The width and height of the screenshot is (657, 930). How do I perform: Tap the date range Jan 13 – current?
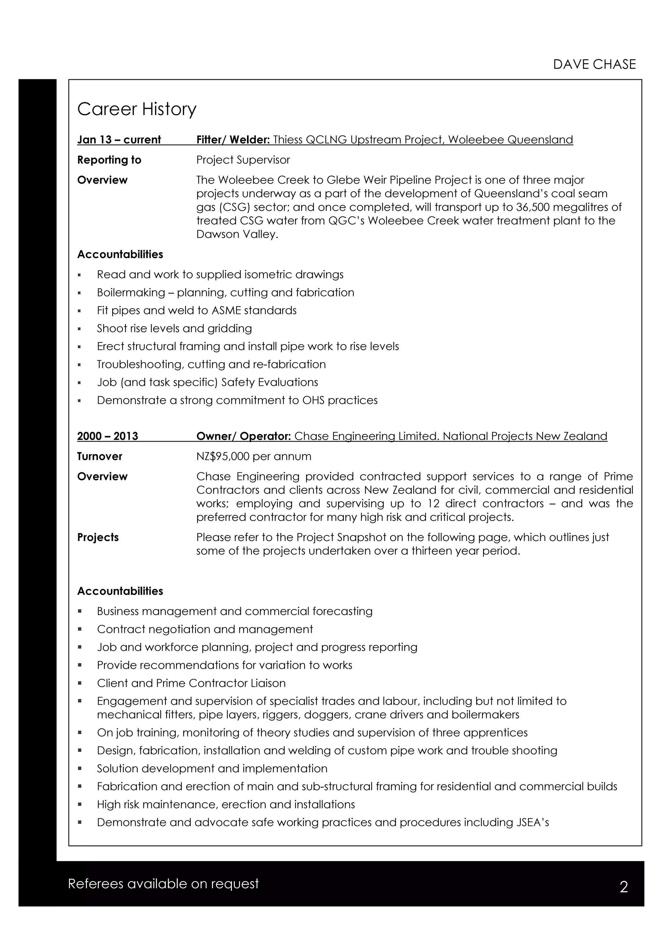(119, 140)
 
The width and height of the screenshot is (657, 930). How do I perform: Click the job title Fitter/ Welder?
(233, 140)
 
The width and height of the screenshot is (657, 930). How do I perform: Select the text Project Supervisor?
(243, 160)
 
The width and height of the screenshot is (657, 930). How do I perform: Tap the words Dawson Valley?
(237, 235)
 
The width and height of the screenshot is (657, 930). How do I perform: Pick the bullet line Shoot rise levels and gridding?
(174, 329)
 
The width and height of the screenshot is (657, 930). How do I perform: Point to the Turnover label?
(99, 456)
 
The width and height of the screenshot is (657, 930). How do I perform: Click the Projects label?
(98, 538)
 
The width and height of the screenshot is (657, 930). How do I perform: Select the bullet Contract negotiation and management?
(205, 629)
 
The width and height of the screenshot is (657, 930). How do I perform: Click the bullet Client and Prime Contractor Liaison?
(191, 683)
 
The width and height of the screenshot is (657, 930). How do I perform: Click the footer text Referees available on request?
(163, 884)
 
